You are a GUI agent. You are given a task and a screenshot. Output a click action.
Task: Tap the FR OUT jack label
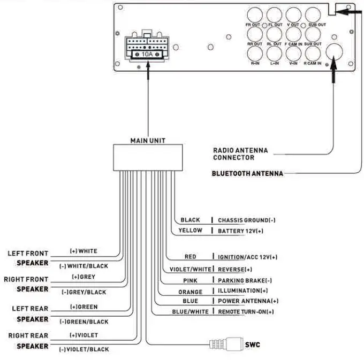click(252, 25)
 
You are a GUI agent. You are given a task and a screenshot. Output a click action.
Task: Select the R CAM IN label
click(313, 63)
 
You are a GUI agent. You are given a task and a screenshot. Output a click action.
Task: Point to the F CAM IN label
click(293, 44)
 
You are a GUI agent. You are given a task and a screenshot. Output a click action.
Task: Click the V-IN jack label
click(293, 63)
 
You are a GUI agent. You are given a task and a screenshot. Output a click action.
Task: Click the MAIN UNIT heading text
click(148, 141)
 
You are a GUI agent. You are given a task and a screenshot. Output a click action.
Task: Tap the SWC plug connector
click(225, 344)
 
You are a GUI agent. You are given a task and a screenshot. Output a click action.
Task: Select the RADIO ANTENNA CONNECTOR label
click(240, 154)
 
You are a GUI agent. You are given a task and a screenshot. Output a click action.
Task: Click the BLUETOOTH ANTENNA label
click(247, 173)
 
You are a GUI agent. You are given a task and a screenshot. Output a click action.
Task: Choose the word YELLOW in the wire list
click(191, 231)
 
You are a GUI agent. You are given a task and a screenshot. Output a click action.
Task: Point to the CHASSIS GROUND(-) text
click(247, 220)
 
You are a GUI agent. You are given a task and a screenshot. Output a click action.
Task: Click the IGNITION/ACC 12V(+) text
click(247, 257)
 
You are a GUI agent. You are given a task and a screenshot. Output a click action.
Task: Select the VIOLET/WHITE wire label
click(190, 269)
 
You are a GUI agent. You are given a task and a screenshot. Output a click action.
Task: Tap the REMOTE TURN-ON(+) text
click(246, 311)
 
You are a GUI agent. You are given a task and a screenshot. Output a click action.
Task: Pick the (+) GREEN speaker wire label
click(84, 307)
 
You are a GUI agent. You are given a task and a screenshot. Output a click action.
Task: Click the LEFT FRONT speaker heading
click(28, 253)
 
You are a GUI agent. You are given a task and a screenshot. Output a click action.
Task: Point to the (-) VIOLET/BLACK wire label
click(84, 349)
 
